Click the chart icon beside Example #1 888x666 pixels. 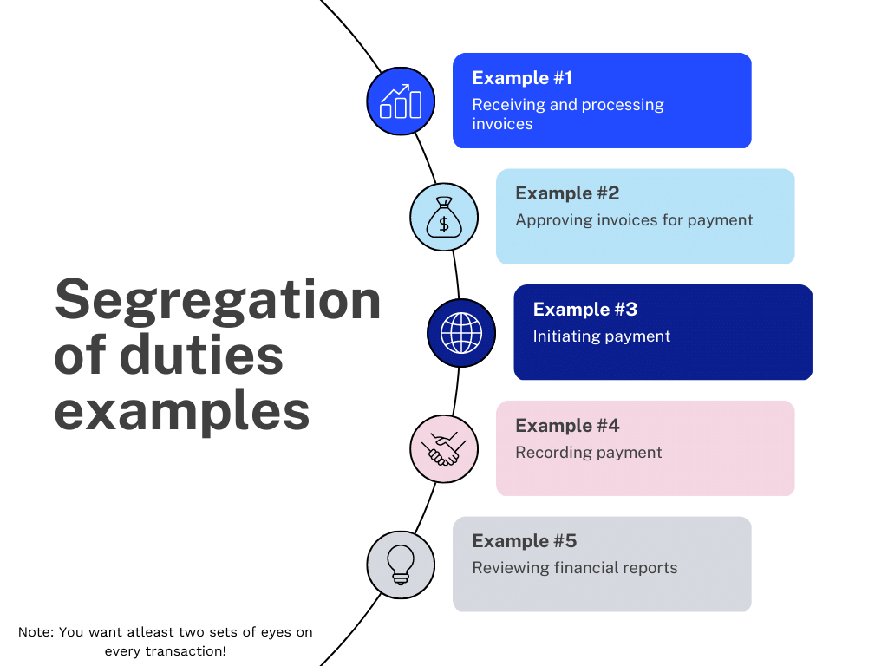[401, 101]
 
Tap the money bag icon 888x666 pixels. [444, 218]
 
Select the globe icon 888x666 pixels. [461, 333]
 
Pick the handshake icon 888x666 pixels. [444, 449]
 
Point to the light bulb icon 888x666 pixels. [401, 565]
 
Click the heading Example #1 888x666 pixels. [522, 78]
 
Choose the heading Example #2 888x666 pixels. [567, 193]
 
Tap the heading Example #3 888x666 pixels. [585, 310]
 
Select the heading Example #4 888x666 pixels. [567, 426]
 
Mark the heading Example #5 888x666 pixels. [524, 541]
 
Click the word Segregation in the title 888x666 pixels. [218, 300]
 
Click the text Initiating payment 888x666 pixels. [602, 336]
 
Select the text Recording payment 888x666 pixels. [589, 453]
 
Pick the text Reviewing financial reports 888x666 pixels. [575, 568]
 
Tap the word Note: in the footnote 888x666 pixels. [36, 632]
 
